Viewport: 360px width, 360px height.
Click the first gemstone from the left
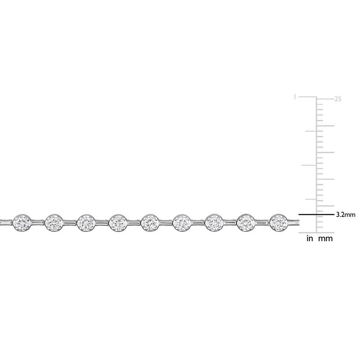22,222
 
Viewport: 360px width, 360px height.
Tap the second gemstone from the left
54,222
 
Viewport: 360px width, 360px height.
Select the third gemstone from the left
86,222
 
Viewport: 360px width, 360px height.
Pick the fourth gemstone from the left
118,222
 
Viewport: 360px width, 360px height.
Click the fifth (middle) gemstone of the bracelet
150,222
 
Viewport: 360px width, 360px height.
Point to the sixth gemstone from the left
182,222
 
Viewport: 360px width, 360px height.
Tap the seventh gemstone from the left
214,222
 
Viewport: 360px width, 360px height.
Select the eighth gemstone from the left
246,222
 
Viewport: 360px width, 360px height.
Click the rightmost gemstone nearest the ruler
278,222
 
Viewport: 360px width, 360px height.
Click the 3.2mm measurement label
346,215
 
